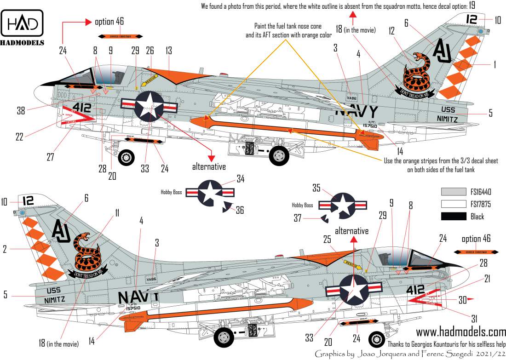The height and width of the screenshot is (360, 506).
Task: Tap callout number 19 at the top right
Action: [472, 6]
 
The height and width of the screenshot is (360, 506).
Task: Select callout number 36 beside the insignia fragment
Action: [239, 211]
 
